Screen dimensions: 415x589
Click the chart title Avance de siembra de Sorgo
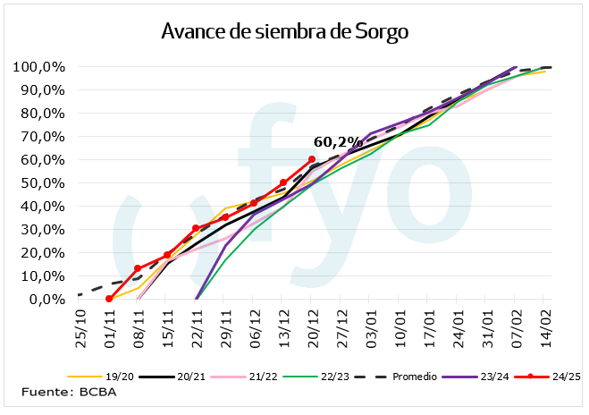click(284, 32)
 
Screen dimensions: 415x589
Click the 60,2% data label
click(337, 141)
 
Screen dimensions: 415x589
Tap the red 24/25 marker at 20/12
click(312, 159)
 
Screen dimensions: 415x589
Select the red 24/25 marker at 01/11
click(109, 299)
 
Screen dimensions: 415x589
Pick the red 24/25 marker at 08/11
click(138, 268)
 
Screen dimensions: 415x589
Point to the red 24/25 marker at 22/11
click(196, 228)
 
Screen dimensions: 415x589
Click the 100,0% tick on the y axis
click(38, 67)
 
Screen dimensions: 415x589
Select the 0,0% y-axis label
click(45, 299)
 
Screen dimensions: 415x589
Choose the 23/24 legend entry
click(492, 377)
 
